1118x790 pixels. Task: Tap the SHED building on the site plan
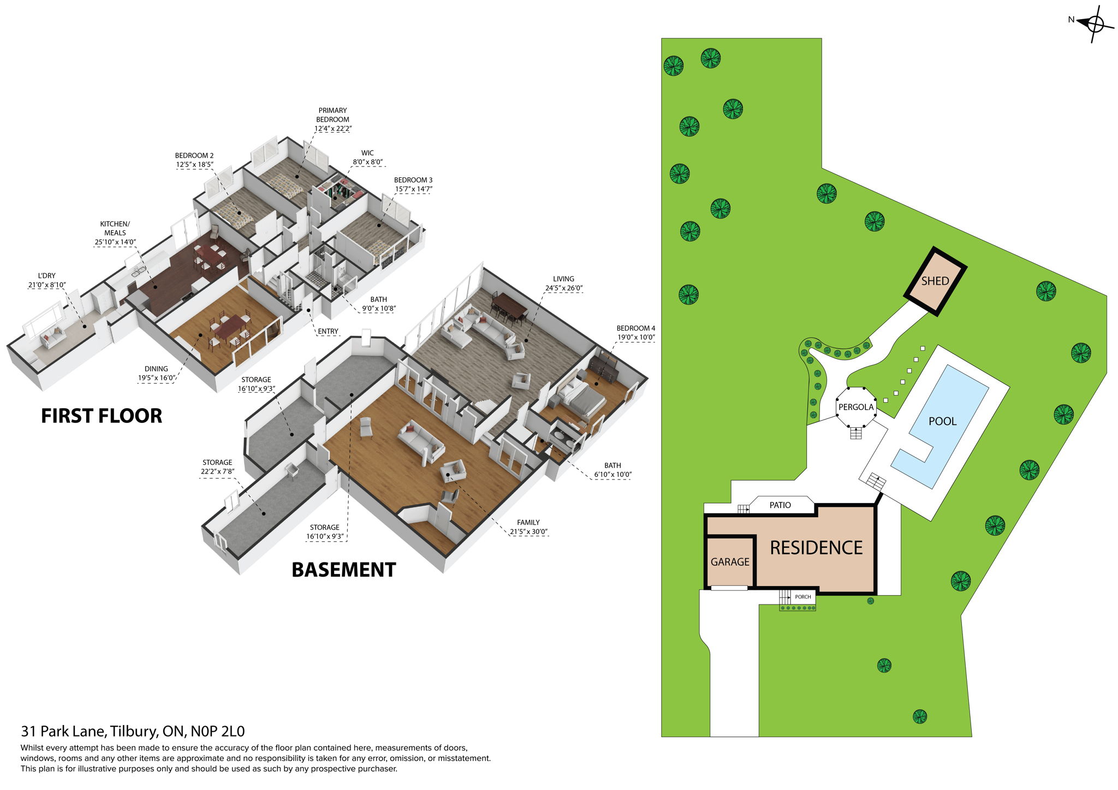[x=935, y=282]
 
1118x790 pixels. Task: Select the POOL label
[x=942, y=421]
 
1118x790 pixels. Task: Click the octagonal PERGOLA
[x=856, y=408]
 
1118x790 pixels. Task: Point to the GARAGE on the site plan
[x=730, y=562]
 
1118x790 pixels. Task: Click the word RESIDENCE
[x=816, y=548]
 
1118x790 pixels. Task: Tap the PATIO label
[x=780, y=505]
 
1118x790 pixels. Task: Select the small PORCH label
[x=802, y=597]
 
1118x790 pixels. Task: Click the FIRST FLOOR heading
[x=102, y=416]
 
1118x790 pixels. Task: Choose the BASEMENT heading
[x=343, y=570]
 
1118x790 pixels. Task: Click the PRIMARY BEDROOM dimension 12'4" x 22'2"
[x=332, y=129]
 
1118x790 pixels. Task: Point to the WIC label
[x=367, y=153]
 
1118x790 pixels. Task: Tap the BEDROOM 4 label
[x=635, y=328]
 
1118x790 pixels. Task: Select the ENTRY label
[x=328, y=331]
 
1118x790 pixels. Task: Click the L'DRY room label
[x=47, y=276]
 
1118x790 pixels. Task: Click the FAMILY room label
[x=528, y=523]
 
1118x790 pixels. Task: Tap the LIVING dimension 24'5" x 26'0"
[x=563, y=288]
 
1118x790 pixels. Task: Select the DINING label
[x=156, y=369]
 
